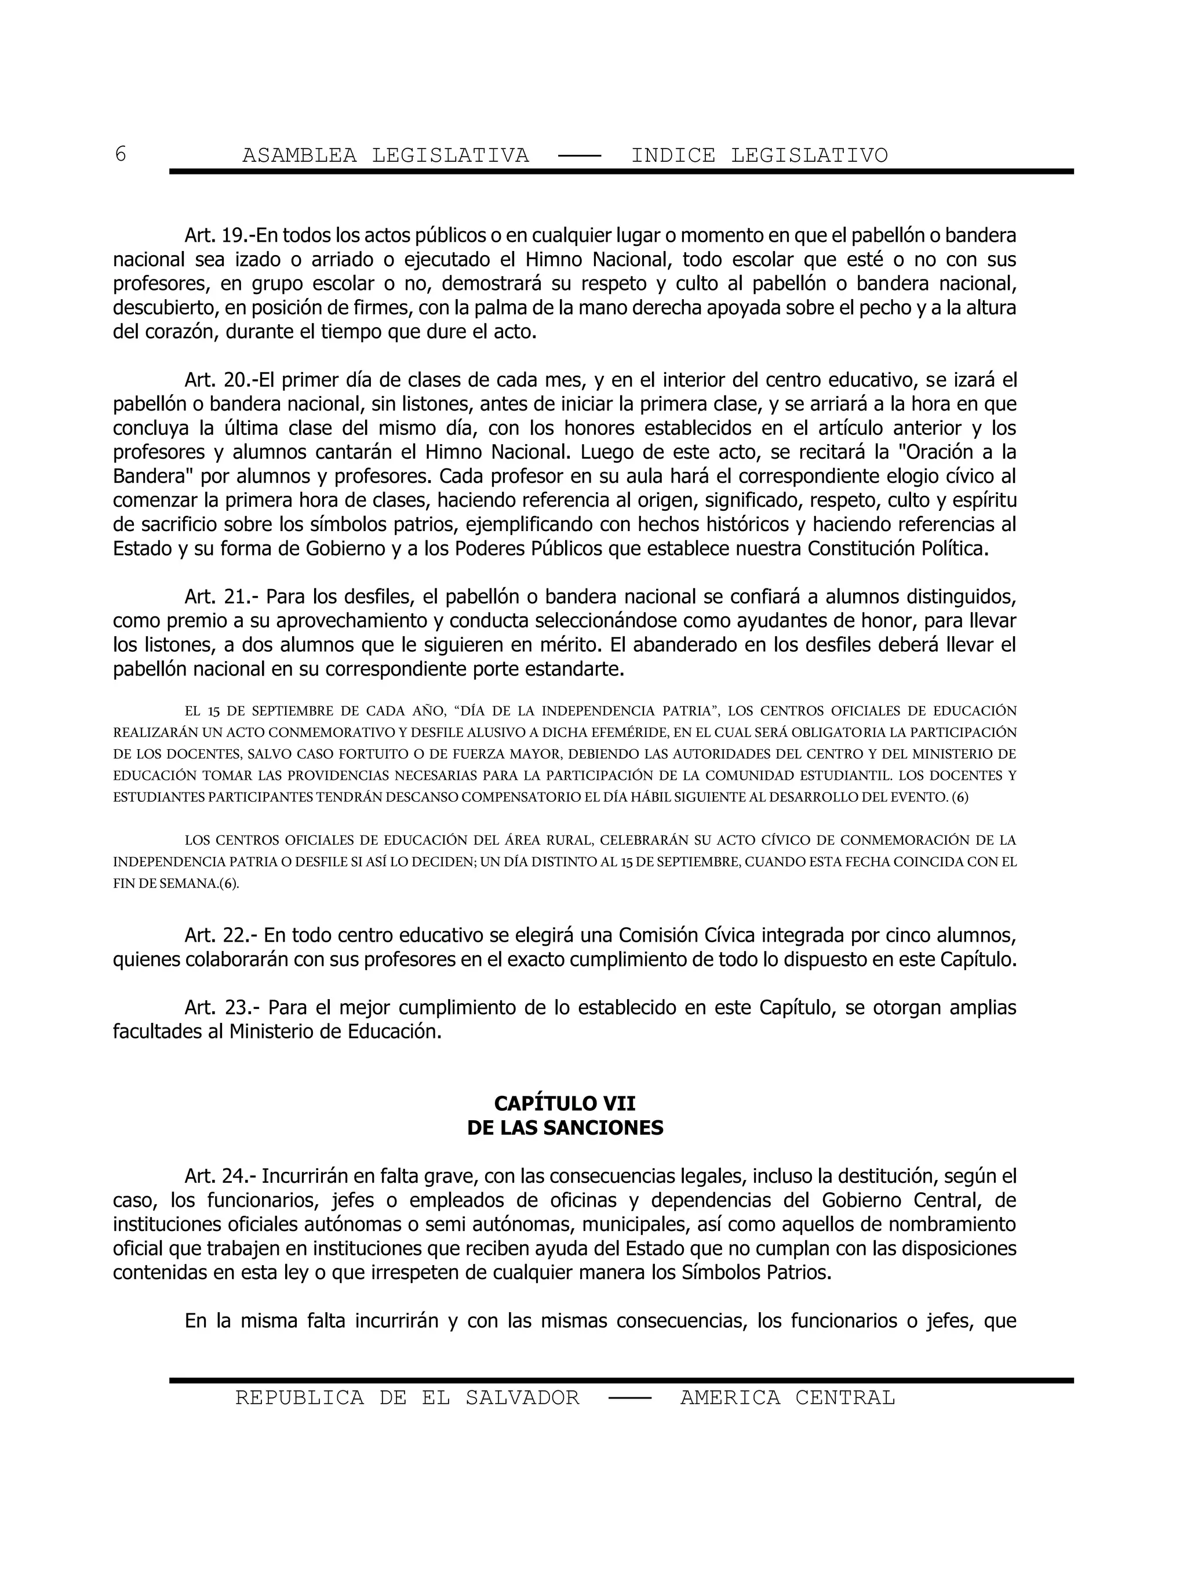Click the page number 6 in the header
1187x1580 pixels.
pos(120,154)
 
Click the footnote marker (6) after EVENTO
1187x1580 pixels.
pos(960,797)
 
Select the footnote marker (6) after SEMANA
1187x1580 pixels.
pos(228,884)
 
